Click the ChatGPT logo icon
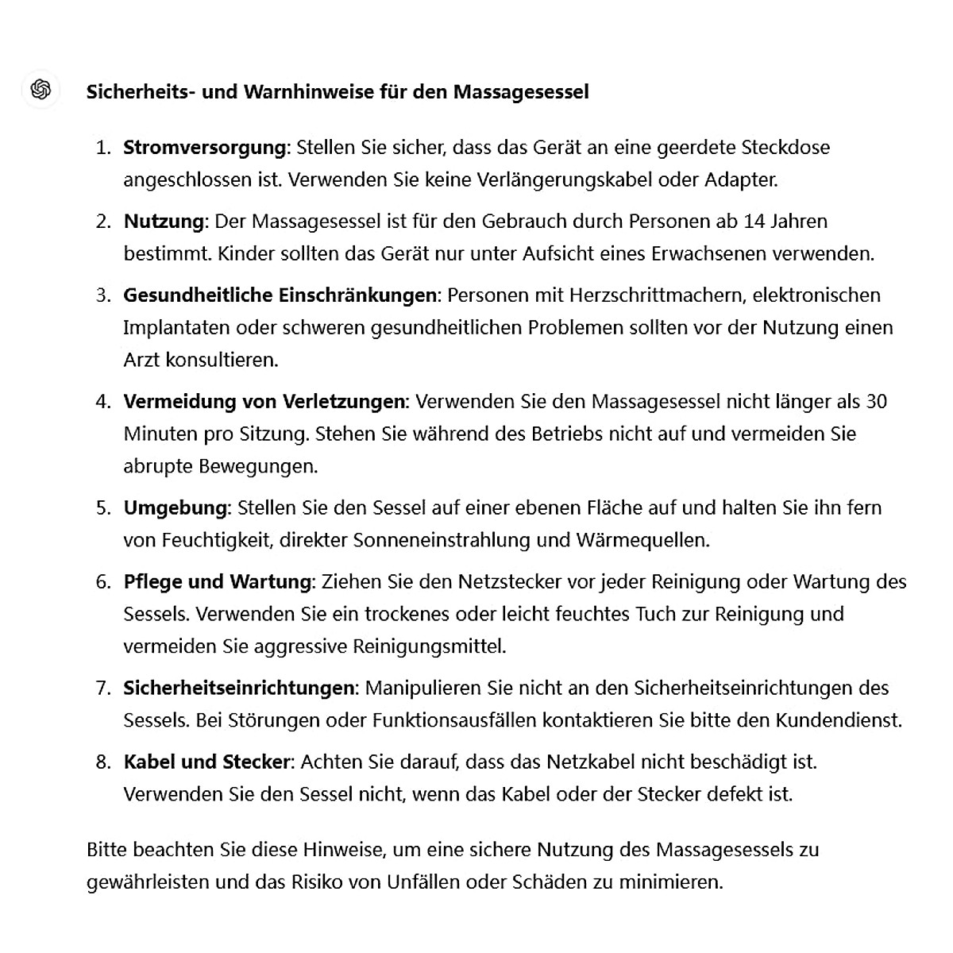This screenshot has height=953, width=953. (x=41, y=90)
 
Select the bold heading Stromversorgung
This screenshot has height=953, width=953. (x=204, y=148)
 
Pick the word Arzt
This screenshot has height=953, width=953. (x=141, y=360)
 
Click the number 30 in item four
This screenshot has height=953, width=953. (x=876, y=401)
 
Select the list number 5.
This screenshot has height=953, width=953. (x=103, y=507)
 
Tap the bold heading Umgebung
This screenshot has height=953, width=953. (x=176, y=507)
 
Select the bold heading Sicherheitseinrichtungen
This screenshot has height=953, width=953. (x=239, y=688)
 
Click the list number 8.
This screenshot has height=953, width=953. (x=103, y=762)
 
